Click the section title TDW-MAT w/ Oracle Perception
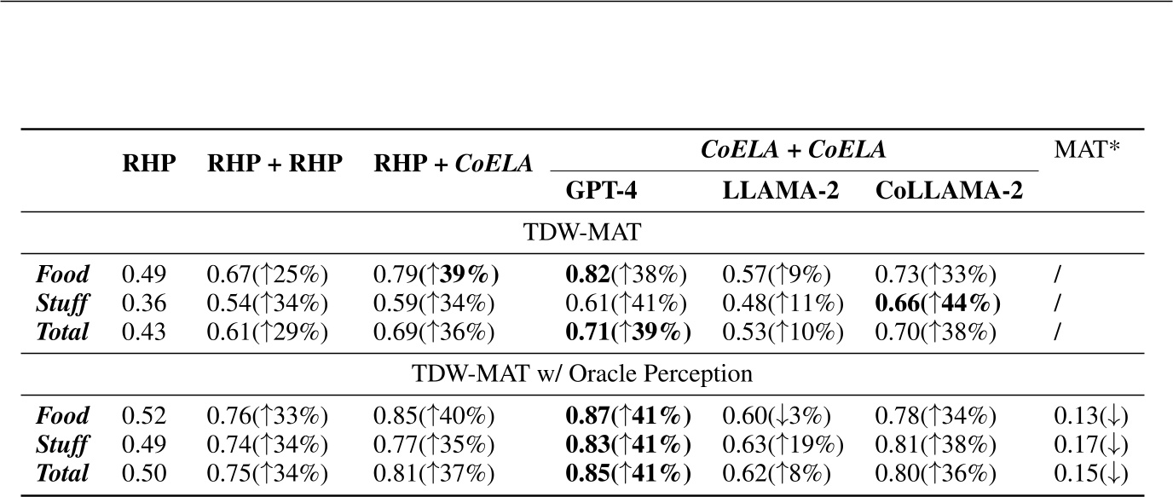pos(582,373)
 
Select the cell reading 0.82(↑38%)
pos(627,275)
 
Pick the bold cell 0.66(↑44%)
pos(938,303)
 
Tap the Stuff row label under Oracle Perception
pos(61,445)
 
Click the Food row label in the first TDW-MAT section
pos(61,275)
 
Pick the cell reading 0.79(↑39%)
pos(436,275)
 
